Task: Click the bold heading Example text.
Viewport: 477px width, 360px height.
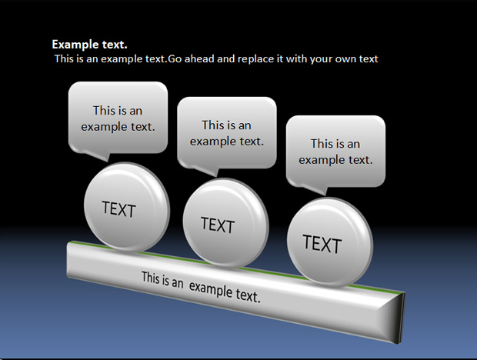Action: click(90, 45)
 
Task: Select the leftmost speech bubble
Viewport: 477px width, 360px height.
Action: click(118, 119)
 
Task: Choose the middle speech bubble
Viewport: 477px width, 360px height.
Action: click(227, 135)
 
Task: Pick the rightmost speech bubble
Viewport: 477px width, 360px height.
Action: click(336, 153)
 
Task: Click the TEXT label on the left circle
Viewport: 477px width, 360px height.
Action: click(118, 209)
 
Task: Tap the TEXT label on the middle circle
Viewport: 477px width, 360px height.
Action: click(218, 225)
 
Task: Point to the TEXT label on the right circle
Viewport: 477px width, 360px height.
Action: click(322, 244)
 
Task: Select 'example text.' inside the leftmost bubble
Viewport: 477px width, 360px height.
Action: click(118, 127)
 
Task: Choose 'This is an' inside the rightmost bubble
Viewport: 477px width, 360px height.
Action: click(335, 144)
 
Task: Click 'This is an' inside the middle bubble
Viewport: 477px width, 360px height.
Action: click(227, 125)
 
